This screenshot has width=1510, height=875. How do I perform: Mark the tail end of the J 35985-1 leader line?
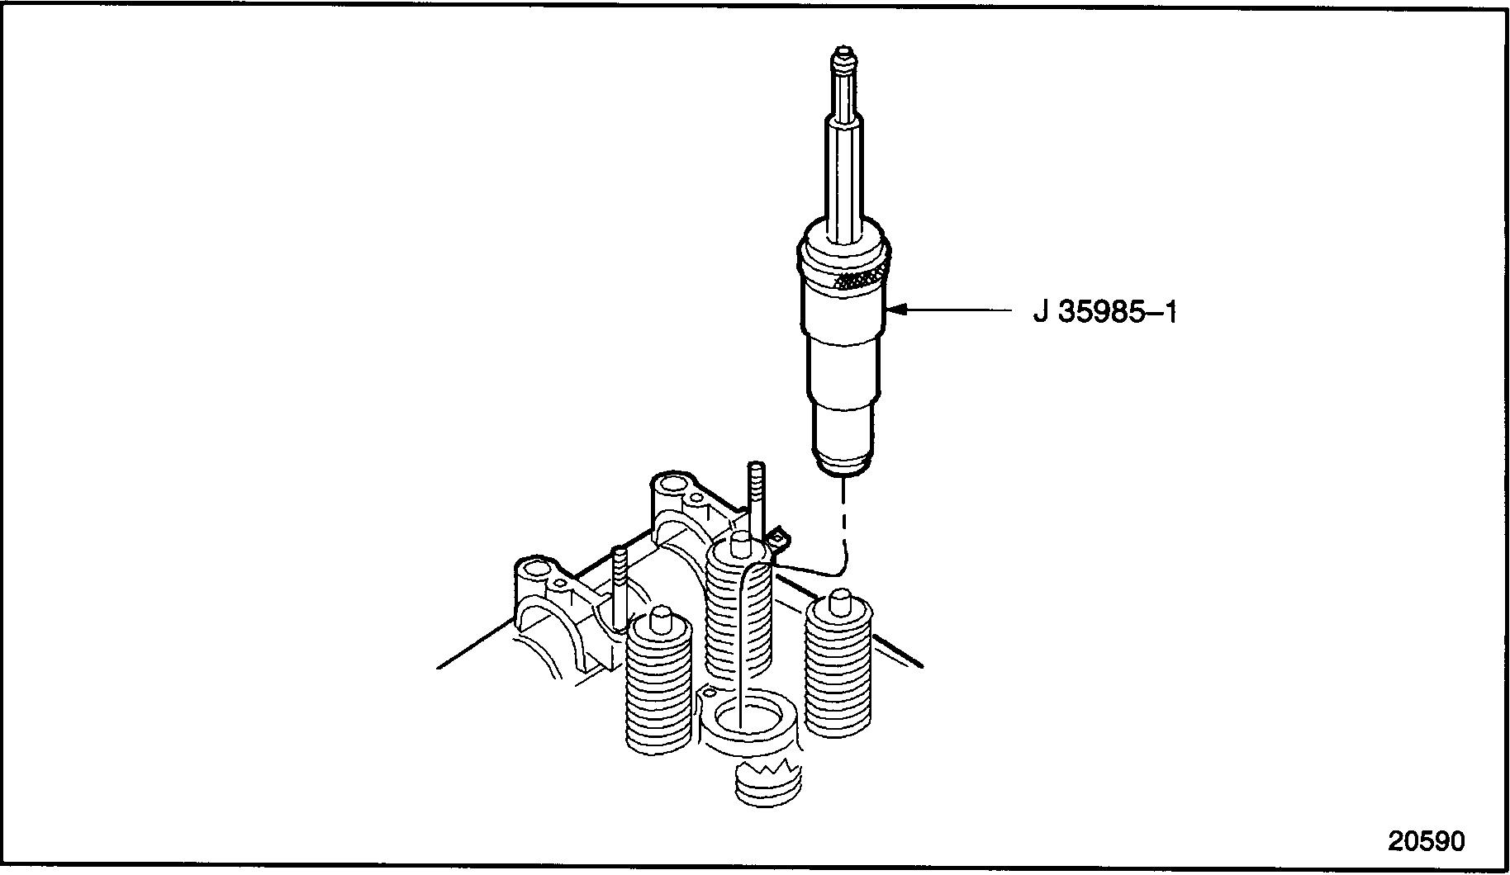[1013, 310]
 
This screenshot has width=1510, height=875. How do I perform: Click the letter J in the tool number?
[1042, 312]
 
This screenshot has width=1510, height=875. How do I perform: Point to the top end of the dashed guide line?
[843, 480]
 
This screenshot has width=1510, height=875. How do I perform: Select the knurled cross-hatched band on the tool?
[861, 280]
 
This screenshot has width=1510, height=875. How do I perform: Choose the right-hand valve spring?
[838, 664]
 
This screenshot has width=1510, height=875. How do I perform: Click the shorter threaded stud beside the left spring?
[620, 587]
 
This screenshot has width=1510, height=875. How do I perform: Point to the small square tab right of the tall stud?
[778, 539]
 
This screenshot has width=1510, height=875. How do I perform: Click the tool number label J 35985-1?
[1104, 312]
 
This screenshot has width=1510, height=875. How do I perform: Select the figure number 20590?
[1427, 841]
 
